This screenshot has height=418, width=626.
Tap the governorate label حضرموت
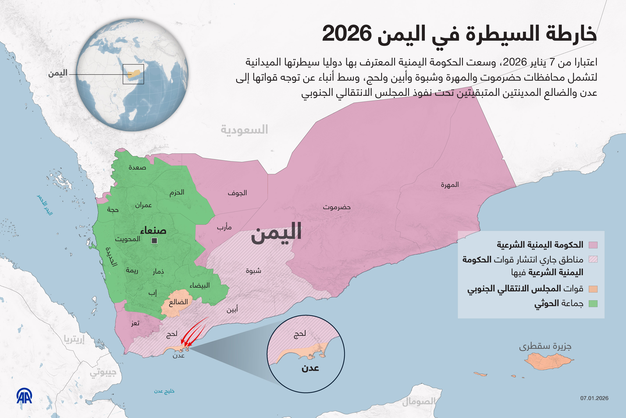coord(337,207)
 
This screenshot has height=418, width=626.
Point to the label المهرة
coord(450,184)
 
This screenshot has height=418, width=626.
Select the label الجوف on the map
coord(237,193)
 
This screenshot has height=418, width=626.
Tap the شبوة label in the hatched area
coord(253,271)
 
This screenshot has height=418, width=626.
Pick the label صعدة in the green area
coord(137,167)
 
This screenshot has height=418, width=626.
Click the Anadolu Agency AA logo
coord(24,396)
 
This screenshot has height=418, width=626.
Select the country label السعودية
coord(244,130)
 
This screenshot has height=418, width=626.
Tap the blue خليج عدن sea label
coord(164,391)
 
